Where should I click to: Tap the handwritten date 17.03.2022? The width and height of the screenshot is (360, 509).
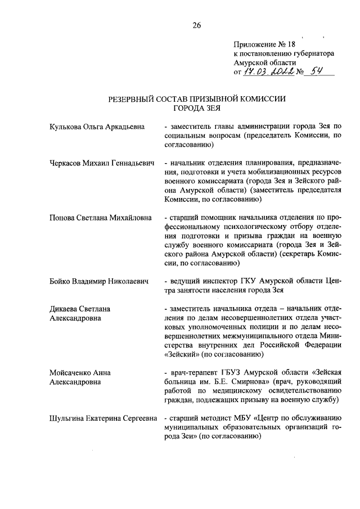pos(267,72)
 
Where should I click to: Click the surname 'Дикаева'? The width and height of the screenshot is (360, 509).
pos(65,308)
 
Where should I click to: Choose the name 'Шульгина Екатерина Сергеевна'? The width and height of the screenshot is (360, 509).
pos(104,418)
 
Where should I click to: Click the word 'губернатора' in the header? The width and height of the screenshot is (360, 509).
pos(309,53)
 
